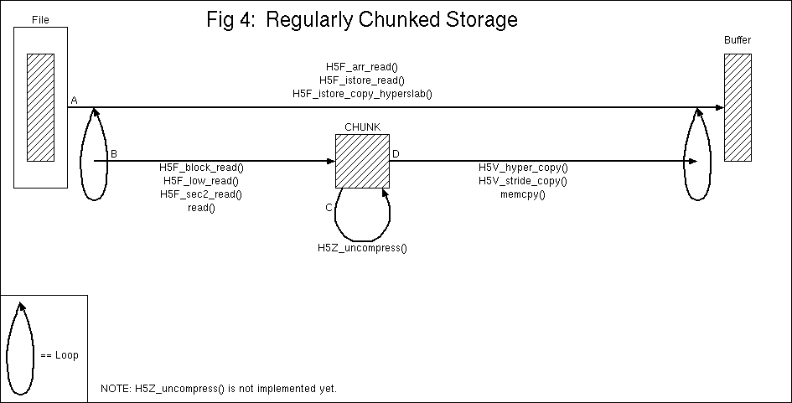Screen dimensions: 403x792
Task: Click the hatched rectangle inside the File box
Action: click(x=40, y=106)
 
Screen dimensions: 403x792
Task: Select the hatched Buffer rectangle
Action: click(x=738, y=107)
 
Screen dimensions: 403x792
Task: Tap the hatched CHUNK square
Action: click(x=362, y=161)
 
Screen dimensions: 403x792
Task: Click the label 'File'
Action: click(x=39, y=18)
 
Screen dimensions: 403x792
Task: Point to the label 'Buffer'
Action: click(x=738, y=40)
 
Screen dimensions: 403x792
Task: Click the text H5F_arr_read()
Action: click(x=362, y=66)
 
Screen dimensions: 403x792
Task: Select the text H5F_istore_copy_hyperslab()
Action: click(x=362, y=93)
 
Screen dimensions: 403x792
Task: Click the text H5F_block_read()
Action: click(x=201, y=168)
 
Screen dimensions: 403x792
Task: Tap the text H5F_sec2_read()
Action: click(x=201, y=194)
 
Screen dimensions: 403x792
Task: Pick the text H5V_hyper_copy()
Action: click(x=523, y=168)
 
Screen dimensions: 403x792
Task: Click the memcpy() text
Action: click(x=523, y=194)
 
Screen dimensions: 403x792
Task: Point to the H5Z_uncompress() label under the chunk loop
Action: click(x=362, y=248)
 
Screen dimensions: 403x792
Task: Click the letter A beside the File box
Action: click(x=74, y=101)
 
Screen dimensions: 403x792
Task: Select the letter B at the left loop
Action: click(x=114, y=154)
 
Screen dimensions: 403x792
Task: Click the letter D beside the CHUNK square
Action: click(x=396, y=154)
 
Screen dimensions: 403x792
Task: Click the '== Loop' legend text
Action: click(x=60, y=355)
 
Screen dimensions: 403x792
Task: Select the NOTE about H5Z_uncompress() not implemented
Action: click(x=219, y=390)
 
